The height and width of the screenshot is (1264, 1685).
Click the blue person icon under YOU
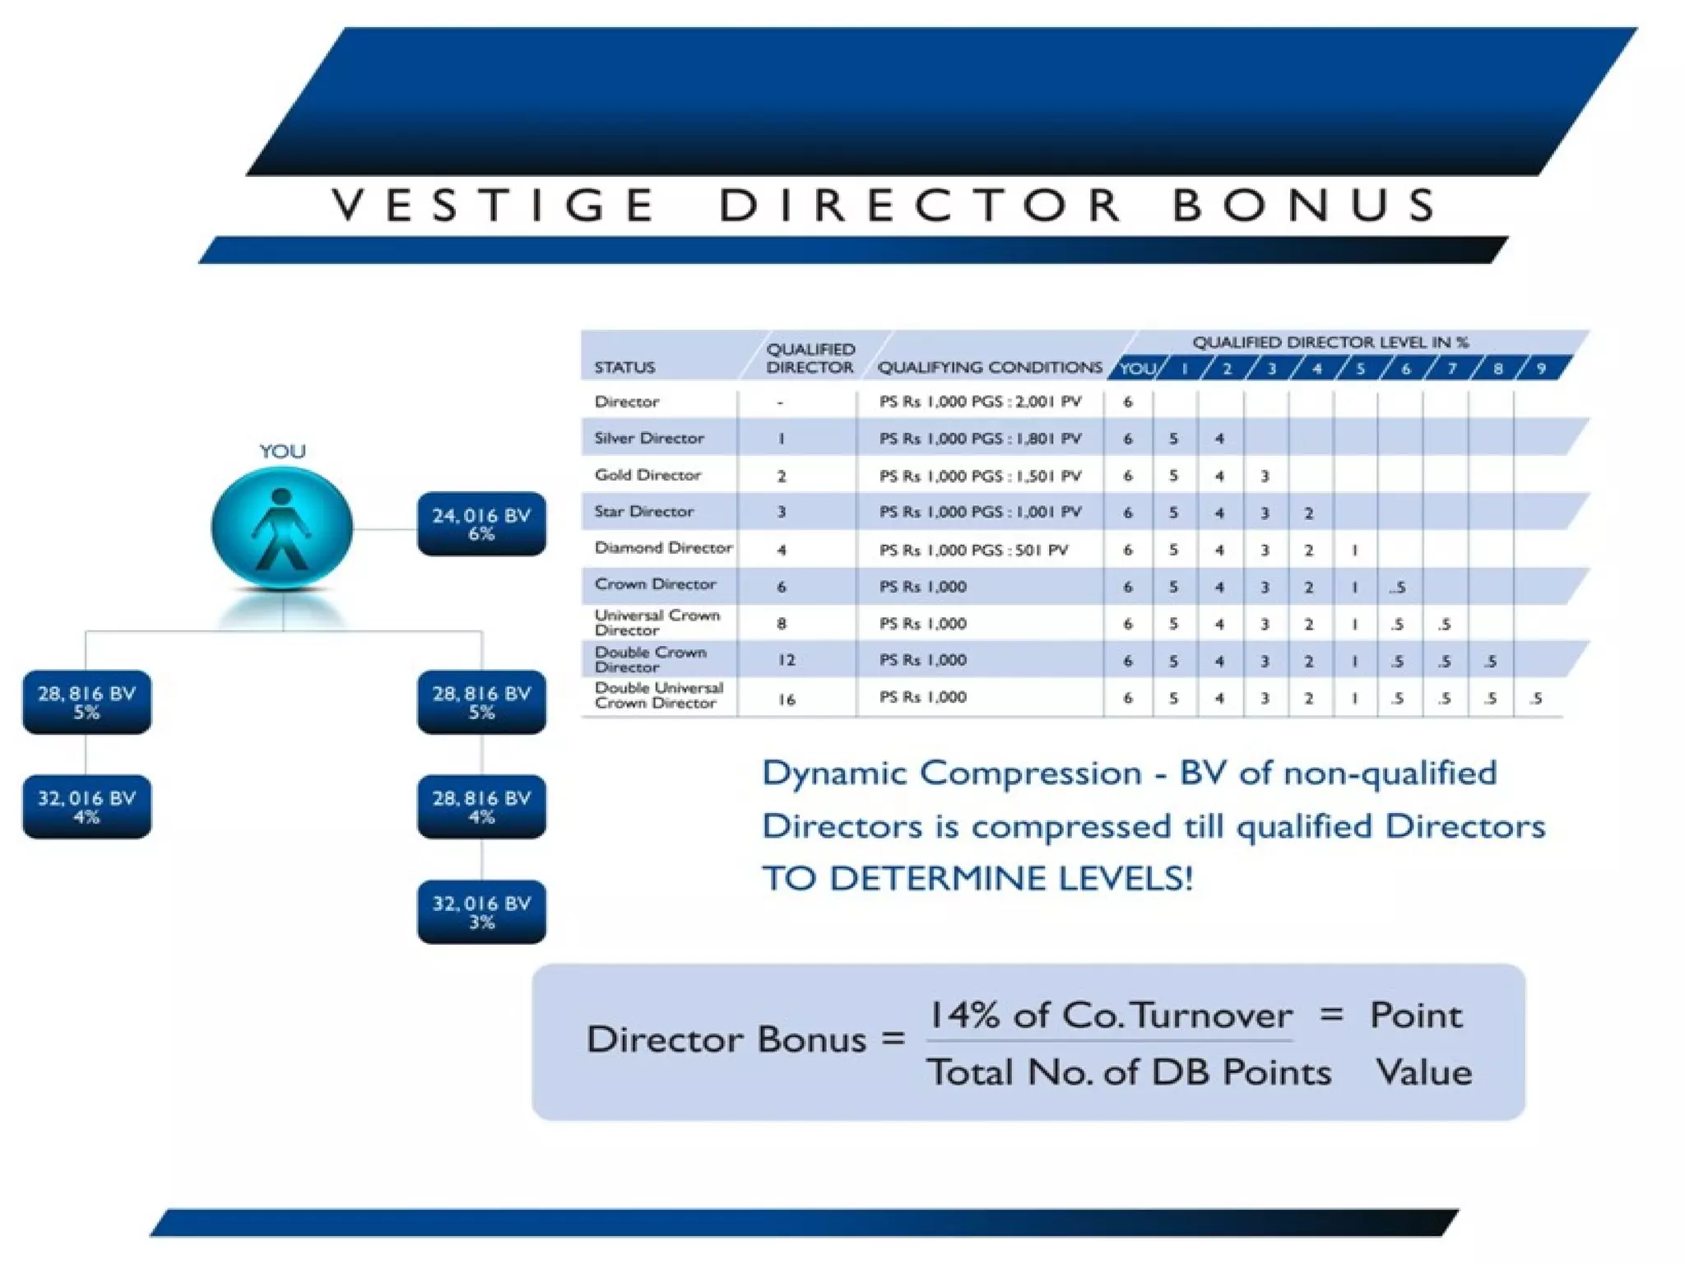pyautogui.click(x=282, y=527)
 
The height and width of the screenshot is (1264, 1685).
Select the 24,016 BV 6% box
pyautogui.click(x=481, y=524)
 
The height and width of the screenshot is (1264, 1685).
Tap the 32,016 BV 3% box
pyautogui.click(x=481, y=912)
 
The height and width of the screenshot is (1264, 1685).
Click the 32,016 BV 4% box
pyautogui.click(x=86, y=807)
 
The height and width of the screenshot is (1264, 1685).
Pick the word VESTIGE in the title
pyautogui.click(x=494, y=205)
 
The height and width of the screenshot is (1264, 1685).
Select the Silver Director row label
pyautogui.click(x=649, y=438)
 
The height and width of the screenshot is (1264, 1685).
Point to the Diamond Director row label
pyautogui.click(x=663, y=548)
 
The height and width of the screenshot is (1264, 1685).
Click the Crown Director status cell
pyautogui.click(x=655, y=584)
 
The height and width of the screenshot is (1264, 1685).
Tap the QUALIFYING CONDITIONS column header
pyautogui.click(x=990, y=368)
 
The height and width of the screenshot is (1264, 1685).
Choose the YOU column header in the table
pyautogui.click(x=1137, y=369)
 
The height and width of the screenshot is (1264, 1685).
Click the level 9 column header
pyautogui.click(x=1542, y=369)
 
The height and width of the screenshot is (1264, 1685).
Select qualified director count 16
pyautogui.click(x=787, y=699)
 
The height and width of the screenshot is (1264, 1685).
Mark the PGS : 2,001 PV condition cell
pyautogui.click(x=980, y=402)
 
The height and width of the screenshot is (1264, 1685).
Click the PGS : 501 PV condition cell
pyautogui.click(x=973, y=550)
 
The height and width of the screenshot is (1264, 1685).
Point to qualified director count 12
pyautogui.click(x=787, y=660)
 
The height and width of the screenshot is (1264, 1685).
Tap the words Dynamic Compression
pyautogui.click(x=952, y=774)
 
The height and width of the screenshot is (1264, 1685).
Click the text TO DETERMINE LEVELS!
pyautogui.click(x=977, y=879)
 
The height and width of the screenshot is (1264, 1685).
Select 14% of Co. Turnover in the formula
pyautogui.click(x=1110, y=1015)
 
